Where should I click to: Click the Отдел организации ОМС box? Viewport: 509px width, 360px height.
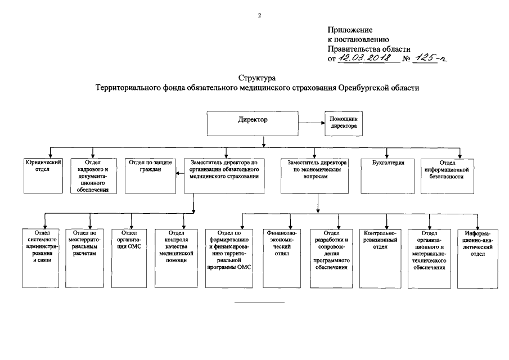click(129, 256)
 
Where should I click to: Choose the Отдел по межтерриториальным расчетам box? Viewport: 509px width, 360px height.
click(85, 256)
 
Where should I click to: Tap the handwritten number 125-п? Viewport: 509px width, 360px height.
click(431, 58)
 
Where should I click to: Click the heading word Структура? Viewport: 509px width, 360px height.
click(257, 78)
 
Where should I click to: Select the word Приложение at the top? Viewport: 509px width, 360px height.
click(349, 29)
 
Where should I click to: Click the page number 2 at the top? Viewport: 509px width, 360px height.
click(259, 15)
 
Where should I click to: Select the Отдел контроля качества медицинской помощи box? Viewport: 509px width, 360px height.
click(176, 256)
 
